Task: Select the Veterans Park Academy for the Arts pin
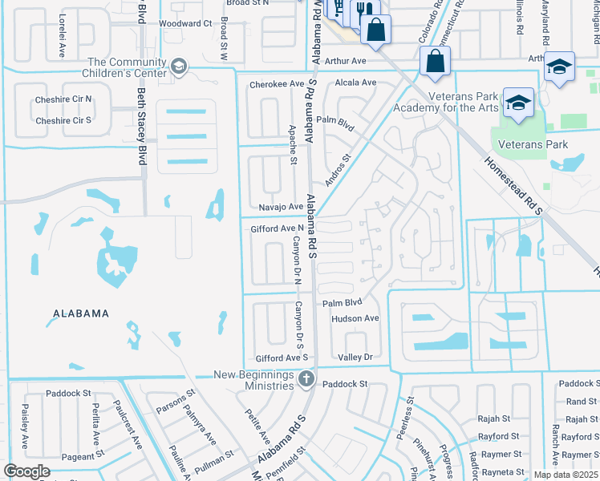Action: (x=519, y=103)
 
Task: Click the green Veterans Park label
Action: (x=533, y=144)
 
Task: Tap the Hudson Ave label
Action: (x=355, y=318)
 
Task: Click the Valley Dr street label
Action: (x=355, y=357)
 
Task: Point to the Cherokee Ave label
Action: (x=278, y=83)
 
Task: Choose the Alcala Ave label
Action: (x=356, y=83)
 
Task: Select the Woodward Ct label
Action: (x=184, y=23)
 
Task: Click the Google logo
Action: (x=26, y=471)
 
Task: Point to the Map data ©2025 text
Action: (x=566, y=475)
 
